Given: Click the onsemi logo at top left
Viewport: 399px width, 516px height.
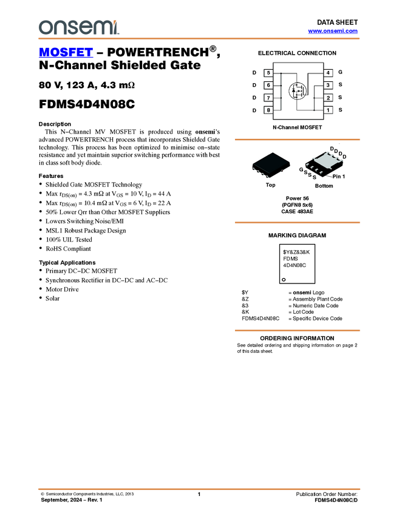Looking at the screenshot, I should [78, 27].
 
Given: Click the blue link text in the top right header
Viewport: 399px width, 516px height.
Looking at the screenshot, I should [333, 30].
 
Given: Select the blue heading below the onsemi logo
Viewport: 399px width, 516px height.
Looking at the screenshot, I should [66, 53].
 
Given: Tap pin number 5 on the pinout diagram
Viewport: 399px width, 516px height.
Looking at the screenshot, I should [268, 73].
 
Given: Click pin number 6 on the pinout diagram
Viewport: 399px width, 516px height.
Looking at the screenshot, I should [268, 86].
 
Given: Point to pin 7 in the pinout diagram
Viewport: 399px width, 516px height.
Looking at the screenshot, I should [268, 98].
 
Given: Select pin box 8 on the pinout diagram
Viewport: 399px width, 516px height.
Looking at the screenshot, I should [268, 110].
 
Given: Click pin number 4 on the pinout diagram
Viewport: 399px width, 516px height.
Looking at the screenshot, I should [328, 73].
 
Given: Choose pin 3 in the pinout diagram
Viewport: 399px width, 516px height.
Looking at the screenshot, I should [328, 86].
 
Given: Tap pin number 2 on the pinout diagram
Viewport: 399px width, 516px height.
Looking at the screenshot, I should [328, 98].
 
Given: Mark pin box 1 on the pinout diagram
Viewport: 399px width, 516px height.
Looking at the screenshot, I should [328, 110].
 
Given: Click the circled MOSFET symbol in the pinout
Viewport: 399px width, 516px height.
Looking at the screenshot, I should [298, 92].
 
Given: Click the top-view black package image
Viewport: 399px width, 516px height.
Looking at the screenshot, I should [271, 165].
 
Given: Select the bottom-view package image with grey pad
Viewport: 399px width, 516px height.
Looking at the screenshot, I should [324, 165].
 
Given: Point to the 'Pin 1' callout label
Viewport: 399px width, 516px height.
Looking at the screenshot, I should [338, 177].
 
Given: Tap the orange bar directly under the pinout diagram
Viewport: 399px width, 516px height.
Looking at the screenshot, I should [297, 140].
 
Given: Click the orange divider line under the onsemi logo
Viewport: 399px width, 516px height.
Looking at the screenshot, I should [199, 39].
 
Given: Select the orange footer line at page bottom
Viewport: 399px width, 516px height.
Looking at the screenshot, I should [199, 488].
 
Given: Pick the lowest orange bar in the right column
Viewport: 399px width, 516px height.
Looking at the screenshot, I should [297, 330].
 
